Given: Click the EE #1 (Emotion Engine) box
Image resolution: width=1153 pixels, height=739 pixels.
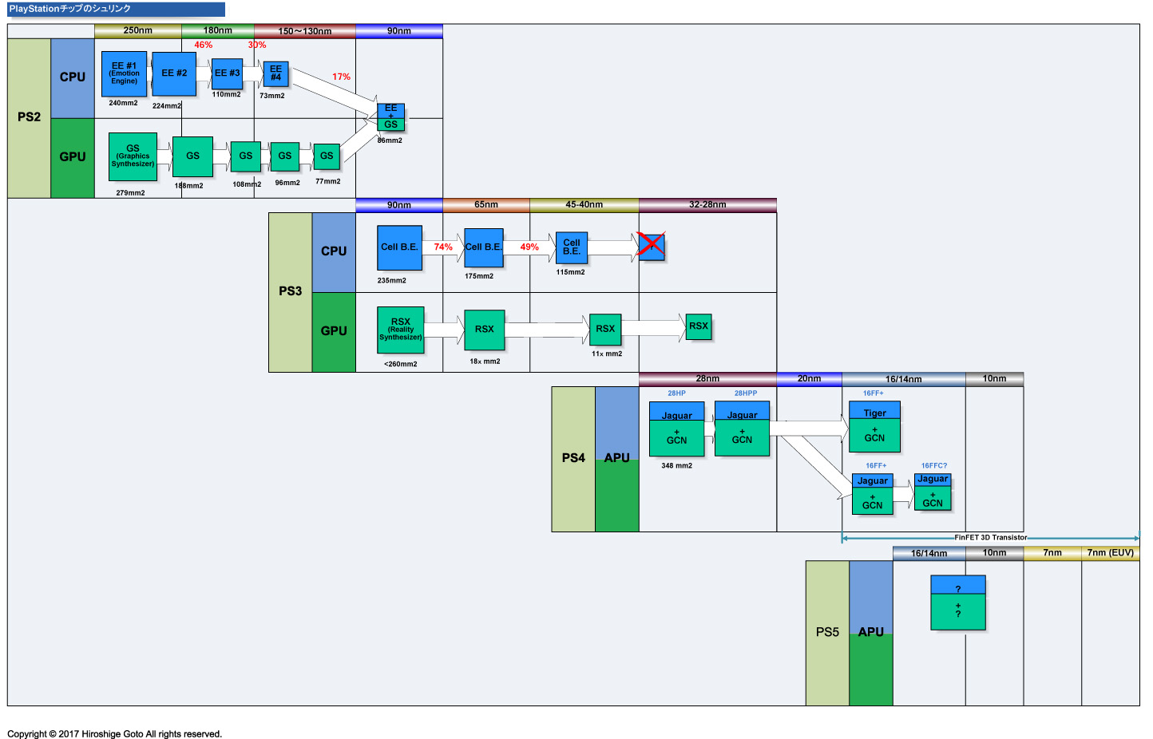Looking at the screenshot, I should click(124, 73).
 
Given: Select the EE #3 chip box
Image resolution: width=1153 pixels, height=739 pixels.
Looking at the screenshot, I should click(227, 73).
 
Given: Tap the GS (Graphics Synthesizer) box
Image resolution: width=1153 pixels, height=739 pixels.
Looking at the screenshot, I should click(133, 156).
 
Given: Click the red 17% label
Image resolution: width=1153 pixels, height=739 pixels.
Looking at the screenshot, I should click(341, 77).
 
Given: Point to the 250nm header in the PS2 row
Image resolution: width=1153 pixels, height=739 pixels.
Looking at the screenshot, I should click(137, 31).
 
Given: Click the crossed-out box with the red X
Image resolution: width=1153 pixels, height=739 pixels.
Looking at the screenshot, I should click(652, 247).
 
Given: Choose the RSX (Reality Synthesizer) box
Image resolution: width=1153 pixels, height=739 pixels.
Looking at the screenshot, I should click(401, 330).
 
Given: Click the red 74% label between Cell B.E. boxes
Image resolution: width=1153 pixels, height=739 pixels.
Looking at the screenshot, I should click(443, 247).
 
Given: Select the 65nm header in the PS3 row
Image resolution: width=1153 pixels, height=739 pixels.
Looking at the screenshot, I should click(485, 205).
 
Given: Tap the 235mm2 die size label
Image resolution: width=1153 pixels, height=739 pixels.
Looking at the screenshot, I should click(391, 281).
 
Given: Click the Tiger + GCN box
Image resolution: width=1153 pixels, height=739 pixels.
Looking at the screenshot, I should click(874, 427).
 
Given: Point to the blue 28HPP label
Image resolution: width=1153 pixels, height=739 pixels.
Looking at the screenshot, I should click(746, 393).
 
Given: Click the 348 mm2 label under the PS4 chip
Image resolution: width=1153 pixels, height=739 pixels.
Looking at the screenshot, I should click(676, 466).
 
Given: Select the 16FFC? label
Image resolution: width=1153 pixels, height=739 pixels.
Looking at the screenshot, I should click(933, 466).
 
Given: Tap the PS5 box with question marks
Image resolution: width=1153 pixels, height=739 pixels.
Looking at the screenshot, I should click(958, 603).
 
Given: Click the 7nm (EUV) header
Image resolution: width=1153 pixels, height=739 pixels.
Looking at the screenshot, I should click(1110, 553).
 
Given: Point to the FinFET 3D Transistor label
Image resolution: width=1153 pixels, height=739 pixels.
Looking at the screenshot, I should click(990, 538).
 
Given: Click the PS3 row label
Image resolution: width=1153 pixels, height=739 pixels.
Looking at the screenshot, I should click(290, 291).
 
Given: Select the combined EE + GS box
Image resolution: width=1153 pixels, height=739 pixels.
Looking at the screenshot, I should click(390, 117).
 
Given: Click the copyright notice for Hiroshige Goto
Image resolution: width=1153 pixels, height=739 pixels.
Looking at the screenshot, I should click(114, 734).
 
